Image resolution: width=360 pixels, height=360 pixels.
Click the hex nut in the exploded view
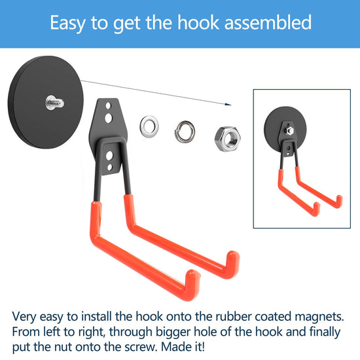(228, 139)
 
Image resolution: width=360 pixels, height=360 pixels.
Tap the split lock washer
(185, 132)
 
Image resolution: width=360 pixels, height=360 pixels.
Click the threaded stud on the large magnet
(54, 103)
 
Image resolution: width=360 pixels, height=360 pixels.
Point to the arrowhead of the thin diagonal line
(228, 105)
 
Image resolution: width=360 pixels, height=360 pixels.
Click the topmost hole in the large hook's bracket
(109, 106)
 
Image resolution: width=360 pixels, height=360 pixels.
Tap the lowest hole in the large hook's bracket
(110, 167)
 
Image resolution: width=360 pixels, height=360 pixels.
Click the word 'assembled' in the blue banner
(268, 22)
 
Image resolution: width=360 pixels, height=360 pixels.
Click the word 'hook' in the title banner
(198, 22)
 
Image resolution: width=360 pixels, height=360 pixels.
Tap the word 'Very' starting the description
(24, 317)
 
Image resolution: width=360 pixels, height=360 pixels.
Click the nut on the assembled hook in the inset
(289, 130)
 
